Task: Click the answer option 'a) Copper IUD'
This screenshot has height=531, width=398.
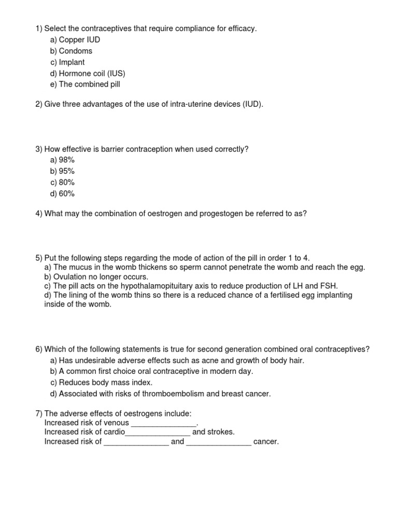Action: [x=75, y=40]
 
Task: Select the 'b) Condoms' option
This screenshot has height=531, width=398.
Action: [x=71, y=51]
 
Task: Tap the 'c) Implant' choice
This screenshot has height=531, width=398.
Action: [x=67, y=62]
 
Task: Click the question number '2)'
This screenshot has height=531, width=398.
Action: [x=39, y=104]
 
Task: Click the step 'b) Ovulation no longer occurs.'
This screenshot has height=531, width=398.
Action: [x=96, y=277]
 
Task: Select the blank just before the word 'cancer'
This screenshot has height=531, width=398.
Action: [x=218, y=442]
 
